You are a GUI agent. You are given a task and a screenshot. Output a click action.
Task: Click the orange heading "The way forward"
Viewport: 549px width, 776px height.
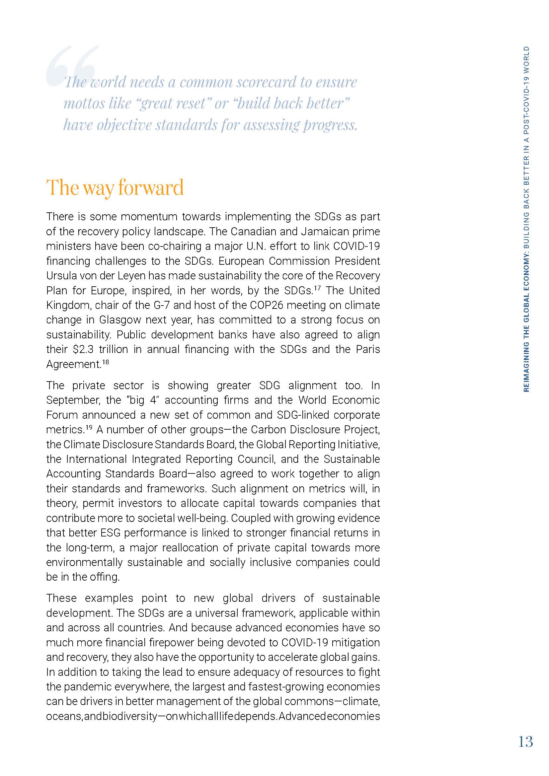(x=115, y=187)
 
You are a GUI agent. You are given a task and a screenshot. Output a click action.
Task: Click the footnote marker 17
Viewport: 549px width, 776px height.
(x=318, y=288)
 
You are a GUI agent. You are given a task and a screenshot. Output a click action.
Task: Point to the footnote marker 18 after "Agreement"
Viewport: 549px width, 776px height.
(x=106, y=362)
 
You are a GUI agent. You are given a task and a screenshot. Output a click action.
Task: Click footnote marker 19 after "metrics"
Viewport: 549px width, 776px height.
(x=89, y=427)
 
